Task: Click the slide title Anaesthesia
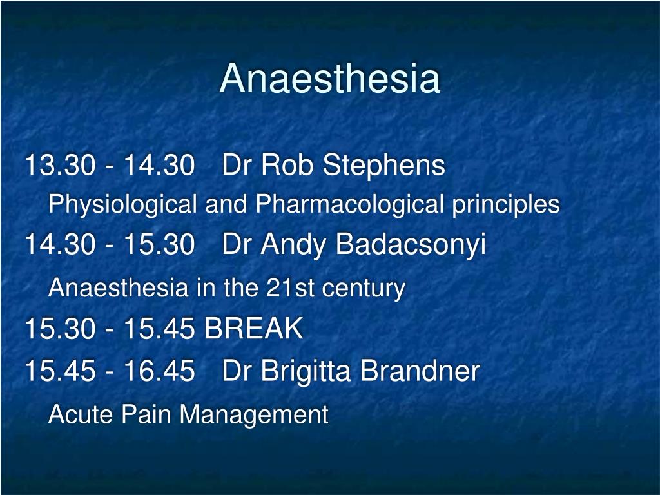click(329, 79)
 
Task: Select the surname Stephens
click(383, 166)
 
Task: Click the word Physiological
click(122, 205)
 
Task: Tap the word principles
click(505, 205)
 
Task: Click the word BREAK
click(253, 329)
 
